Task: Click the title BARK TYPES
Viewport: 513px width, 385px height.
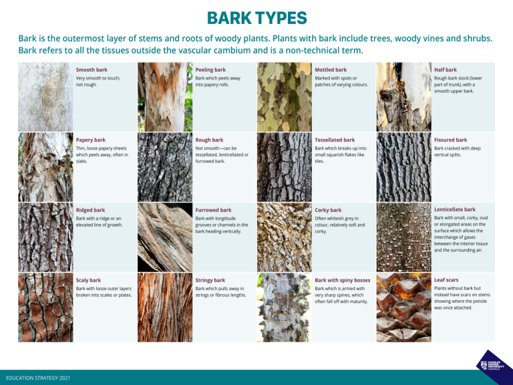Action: (x=256, y=17)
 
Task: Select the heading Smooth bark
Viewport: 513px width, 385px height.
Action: (x=92, y=70)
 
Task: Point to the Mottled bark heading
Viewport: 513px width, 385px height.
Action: (x=331, y=70)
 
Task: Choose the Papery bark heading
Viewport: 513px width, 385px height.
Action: (x=91, y=140)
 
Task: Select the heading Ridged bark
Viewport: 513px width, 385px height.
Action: (x=91, y=210)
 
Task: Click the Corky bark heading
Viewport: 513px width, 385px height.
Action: (x=328, y=210)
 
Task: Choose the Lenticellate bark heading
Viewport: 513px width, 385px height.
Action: (x=455, y=209)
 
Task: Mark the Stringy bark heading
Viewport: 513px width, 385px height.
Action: (x=210, y=280)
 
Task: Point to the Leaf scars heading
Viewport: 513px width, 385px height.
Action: (x=446, y=279)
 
